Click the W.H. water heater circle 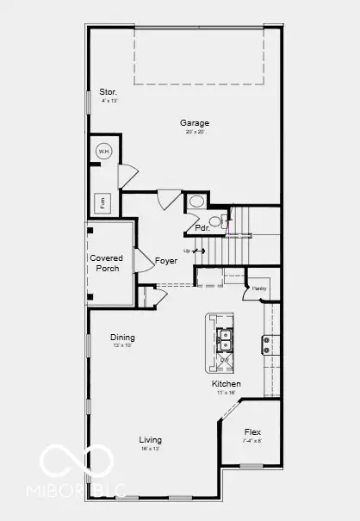[x=103, y=152]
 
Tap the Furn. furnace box [x=103, y=203]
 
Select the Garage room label [x=194, y=122]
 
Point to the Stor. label [x=108, y=91]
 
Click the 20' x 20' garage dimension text [x=194, y=133]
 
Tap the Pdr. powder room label [x=202, y=228]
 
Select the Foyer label [x=165, y=260]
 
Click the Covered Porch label [x=107, y=263]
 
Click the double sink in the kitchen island [x=226, y=339]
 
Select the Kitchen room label [x=227, y=383]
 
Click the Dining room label [x=122, y=338]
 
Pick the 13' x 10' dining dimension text [x=122, y=346]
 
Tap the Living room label [x=151, y=439]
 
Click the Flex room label [x=252, y=432]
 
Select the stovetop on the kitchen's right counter [x=268, y=344]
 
